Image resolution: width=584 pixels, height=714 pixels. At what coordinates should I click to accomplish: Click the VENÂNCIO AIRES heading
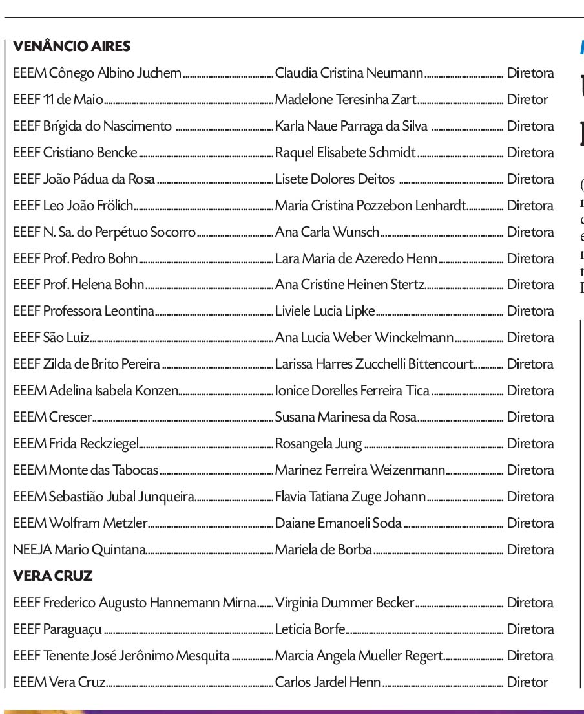coord(72,46)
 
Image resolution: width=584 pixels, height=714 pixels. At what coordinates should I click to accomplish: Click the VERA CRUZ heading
coord(53,576)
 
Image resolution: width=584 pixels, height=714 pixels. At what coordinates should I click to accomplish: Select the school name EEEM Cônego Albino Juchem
coord(97,73)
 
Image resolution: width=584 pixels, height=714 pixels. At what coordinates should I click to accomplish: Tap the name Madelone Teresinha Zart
coord(346,100)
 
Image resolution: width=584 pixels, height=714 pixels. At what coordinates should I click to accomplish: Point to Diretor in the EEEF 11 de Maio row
coord(527,100)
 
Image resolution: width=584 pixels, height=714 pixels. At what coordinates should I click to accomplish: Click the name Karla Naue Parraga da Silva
coord(351,126)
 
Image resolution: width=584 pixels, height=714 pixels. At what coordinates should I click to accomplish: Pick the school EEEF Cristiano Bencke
coord(75,153)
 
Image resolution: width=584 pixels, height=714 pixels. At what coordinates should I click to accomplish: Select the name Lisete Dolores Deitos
coord(335,179)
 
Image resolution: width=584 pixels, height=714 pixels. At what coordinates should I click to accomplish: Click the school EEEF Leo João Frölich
coord(73,206)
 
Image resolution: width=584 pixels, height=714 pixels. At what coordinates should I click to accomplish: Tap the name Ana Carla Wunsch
coord(327,232)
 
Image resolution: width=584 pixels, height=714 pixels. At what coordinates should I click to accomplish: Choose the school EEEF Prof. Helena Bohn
coord(78,285)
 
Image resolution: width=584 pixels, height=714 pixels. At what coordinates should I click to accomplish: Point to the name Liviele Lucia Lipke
coord(325,311)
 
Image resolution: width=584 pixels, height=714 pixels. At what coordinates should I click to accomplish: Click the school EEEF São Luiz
coord(51,338)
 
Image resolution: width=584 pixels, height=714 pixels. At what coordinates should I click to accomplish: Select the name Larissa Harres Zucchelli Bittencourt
coord(374,364)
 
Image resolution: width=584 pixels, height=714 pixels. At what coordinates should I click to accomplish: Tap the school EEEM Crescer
coord(52,417)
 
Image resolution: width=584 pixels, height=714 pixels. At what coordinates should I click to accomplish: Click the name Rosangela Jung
coord(318,444)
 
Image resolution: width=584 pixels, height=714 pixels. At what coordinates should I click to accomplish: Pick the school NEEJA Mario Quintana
coord(79,550)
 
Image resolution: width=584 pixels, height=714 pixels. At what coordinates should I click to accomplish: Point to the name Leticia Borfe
coord(310,629)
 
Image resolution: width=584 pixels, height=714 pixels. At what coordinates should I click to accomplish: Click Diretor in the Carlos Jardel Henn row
coord(527,682)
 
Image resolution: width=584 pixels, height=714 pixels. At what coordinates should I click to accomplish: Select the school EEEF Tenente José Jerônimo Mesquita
coord(121,656)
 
